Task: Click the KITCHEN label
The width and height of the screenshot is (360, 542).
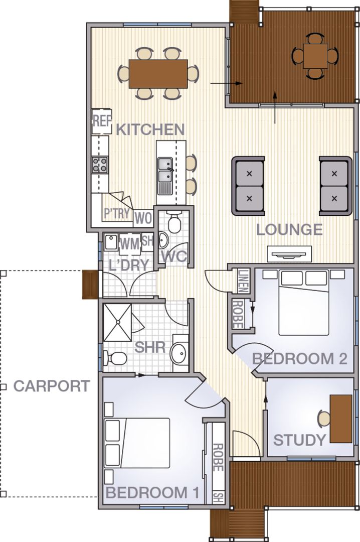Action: pos(150,129)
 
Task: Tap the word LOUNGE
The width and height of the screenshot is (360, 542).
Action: pos(289,230)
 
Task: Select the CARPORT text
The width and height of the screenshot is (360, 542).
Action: pos(52,386)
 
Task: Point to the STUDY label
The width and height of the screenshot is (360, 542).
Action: pos(299,440)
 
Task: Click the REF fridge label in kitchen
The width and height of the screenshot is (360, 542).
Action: pos(101,121)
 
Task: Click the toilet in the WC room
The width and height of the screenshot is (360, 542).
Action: pos(175,222)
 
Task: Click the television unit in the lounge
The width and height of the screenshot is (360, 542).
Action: pos(289,254)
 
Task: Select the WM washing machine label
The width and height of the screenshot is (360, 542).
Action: pos(129,244)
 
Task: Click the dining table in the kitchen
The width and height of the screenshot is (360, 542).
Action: pos(158,73)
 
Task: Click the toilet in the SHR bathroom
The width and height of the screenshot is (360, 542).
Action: pos(117,359)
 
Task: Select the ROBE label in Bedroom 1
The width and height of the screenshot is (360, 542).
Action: pos(217,457)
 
